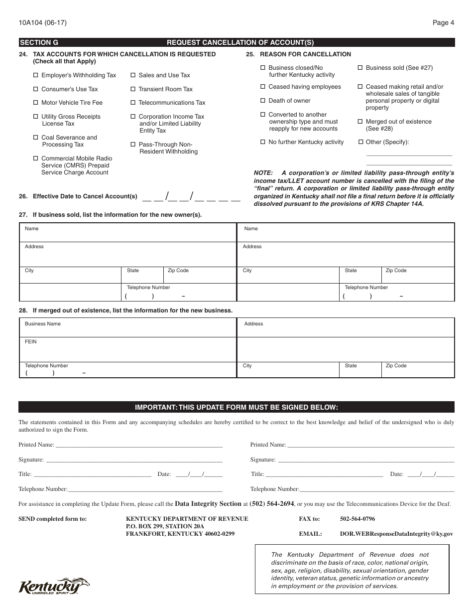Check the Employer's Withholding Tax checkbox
point(35,75)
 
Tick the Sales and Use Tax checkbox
point(133,75)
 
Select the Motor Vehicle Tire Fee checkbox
point(35,103)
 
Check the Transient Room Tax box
point(133,89)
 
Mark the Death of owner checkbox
point(263,101)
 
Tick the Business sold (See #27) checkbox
point(360,68)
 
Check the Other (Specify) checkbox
point(360,142)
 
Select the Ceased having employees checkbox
point(263,87)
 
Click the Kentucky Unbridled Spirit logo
point(54,586)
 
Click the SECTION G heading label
point(39,43)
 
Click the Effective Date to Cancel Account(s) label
point(85,196)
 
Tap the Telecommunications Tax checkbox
point(133,103)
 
